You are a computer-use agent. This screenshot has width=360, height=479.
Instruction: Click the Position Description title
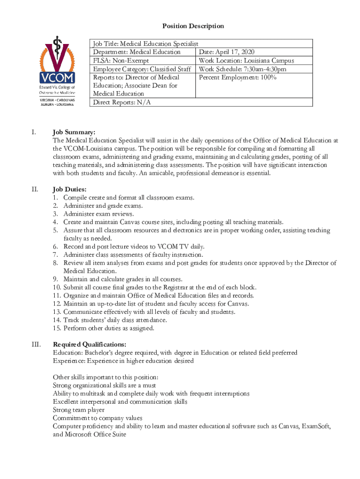193,26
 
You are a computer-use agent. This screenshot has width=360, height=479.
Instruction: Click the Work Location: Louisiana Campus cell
246,60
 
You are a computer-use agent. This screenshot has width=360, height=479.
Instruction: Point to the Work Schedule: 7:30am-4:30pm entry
243,69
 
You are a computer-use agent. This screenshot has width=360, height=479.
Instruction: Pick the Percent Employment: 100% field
238,78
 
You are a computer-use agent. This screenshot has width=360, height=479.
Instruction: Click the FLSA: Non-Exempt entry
121,60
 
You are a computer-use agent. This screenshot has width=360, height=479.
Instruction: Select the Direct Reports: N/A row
122,102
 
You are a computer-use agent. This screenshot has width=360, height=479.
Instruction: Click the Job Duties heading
70,189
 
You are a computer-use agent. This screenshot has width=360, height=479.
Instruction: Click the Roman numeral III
36,345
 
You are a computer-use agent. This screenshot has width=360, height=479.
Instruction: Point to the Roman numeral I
34,132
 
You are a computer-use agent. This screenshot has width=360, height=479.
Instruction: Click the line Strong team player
79,410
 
